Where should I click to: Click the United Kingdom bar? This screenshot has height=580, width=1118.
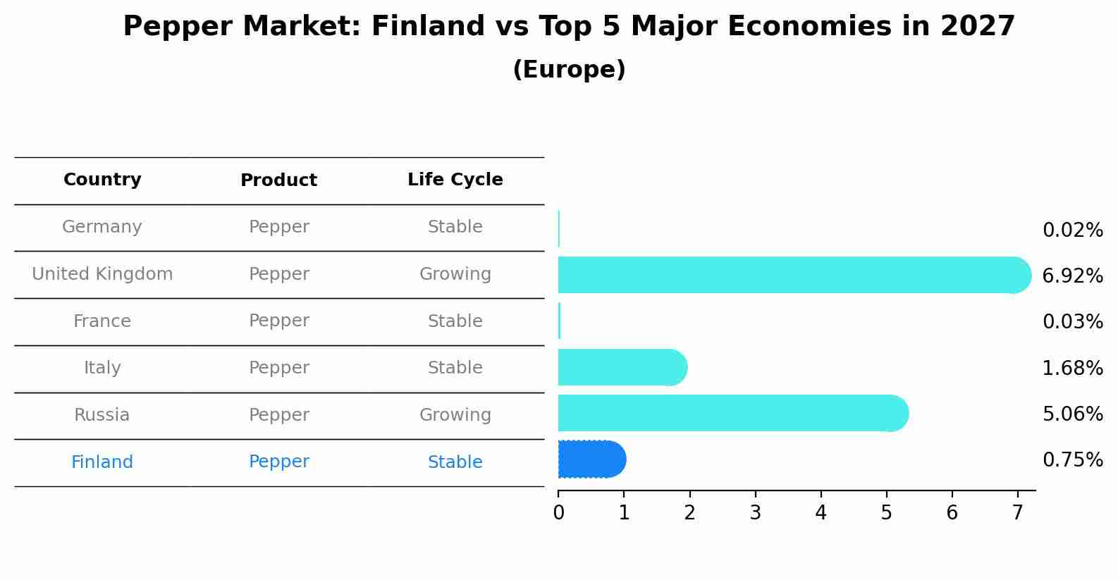794,275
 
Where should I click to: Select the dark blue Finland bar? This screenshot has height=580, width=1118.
592,459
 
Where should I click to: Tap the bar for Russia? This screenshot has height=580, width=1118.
733,413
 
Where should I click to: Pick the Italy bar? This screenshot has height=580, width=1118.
622,367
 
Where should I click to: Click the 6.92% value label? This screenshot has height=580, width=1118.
1073,276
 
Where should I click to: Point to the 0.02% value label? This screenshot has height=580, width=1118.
1073,230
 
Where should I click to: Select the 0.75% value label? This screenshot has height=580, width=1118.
1073,459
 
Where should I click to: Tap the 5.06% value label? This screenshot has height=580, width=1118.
1073,414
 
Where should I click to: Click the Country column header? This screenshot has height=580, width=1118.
102,180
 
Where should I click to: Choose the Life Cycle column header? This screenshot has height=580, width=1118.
455,180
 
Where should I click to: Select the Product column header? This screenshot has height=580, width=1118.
278,180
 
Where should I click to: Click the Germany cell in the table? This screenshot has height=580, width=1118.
102,227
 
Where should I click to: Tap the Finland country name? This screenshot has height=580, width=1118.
102,462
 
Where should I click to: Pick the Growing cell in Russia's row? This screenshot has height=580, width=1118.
455,415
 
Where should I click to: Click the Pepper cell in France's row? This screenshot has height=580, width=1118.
279,321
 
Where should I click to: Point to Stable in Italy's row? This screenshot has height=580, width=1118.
455,367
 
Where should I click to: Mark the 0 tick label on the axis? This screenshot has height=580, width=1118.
558,512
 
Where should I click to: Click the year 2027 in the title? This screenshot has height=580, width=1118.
977,26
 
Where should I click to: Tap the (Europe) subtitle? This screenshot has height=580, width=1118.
569,69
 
